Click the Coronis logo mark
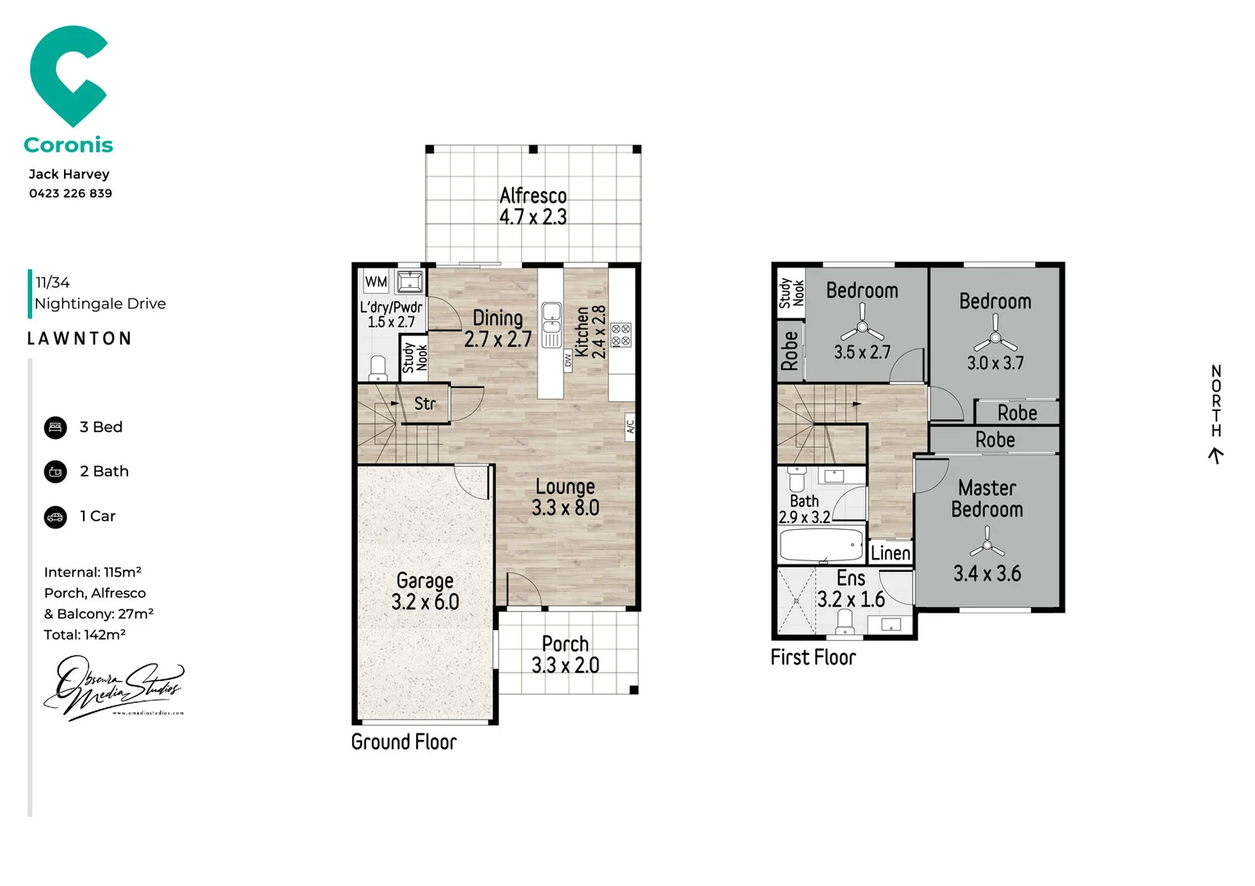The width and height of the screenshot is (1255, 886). [x=67, y=75]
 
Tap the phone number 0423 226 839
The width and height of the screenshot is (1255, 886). [x=71, y=194]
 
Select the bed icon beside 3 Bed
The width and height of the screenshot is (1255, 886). [x=55, y=427]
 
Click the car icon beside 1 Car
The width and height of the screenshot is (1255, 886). [x=55, y=517]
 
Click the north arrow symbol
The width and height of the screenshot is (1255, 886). [x=1216, y=455]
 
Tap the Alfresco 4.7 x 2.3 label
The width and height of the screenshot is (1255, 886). [x=533, y=206]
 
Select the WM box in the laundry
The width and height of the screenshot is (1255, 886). [x=376, y=281]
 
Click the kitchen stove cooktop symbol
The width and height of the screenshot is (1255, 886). [x=621, y=335]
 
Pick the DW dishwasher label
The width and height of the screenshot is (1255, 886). [x=567, y=359]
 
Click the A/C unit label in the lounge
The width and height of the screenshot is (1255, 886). [x=630, y=427]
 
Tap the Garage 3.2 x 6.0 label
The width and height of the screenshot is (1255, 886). [x=424, y=591]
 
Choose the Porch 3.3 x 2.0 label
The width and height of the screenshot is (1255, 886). [x=565, y=655]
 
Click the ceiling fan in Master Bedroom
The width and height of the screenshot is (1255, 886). [x=987, y=541]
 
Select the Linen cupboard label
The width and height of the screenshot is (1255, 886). [x=890, y=553]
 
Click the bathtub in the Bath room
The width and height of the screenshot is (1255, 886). [x=821, y=545]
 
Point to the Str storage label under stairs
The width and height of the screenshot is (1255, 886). [x=424, y=404]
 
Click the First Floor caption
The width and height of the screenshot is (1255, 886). [x=813, y=657]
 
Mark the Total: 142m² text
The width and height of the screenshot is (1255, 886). [x=85, y=635]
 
